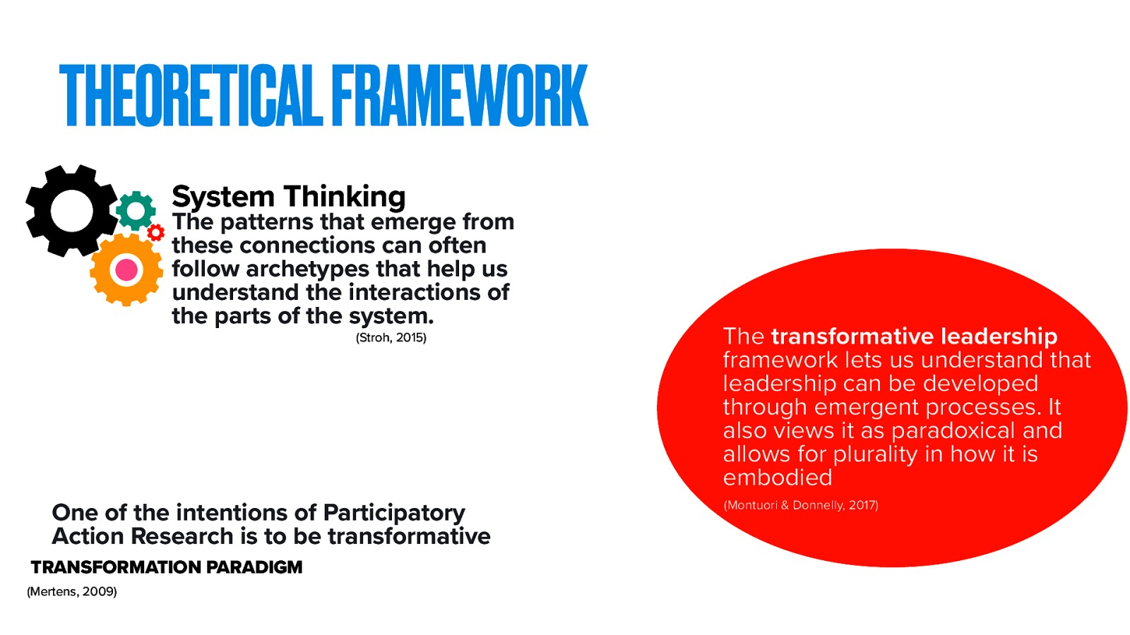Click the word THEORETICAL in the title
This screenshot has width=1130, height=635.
191,96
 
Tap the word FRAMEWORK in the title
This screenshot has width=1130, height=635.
459,96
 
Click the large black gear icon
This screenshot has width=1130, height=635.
71,210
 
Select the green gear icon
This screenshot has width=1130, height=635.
136,210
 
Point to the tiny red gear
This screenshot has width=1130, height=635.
156,232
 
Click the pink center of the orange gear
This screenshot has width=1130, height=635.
126,270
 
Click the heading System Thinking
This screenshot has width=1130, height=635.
288,196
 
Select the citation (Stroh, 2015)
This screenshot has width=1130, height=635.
391,338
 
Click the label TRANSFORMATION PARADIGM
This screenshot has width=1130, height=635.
167,567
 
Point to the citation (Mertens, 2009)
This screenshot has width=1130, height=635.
71,591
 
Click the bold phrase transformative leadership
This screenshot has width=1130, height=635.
914,336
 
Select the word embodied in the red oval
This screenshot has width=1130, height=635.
777,478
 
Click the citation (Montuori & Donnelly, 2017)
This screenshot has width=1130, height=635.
801,505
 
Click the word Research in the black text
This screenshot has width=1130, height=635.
182,536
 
